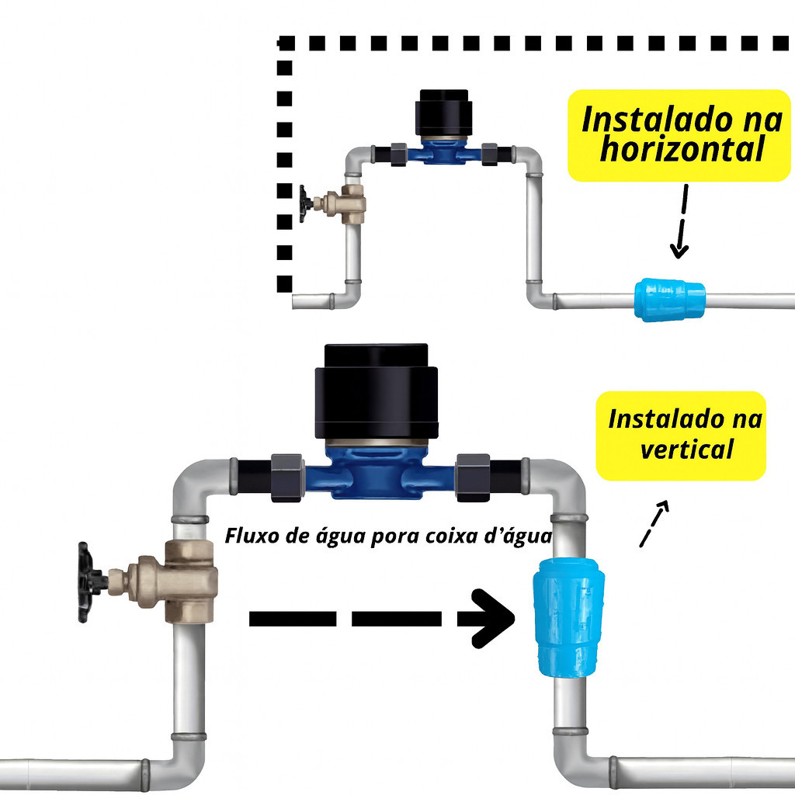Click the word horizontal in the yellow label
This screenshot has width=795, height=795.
(x=682, y=150)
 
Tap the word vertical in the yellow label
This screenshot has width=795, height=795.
(x=686, y=448)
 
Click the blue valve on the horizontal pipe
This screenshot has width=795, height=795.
(x=669, y=300)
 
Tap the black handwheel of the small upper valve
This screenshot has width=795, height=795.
(x=306, y=204)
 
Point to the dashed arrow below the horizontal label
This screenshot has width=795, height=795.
(x=682, y=221)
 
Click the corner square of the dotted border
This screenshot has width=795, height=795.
(x=286, y=43)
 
